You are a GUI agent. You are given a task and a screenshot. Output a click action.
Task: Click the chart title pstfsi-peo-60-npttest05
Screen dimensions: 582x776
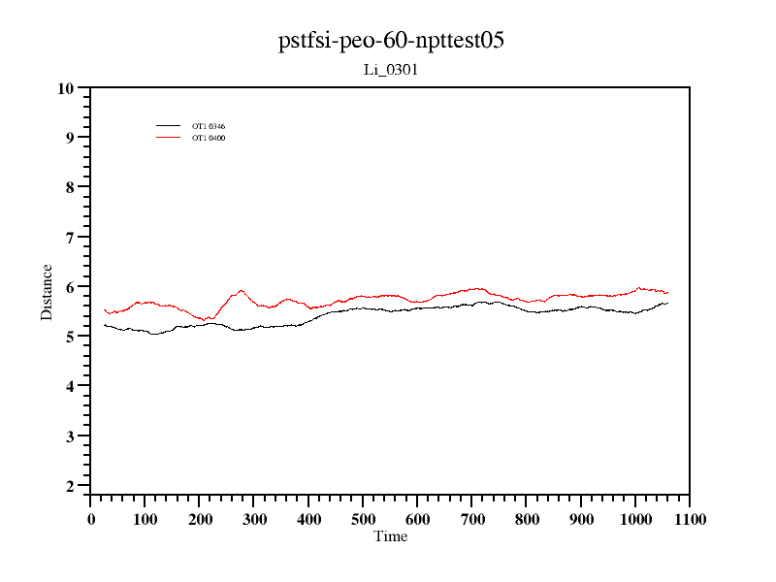[x=391, y=41]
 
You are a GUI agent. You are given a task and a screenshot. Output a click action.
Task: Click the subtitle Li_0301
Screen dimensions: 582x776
[x=390, y=70]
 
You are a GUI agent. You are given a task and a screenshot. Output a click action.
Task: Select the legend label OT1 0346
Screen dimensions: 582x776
[x=209, y=126]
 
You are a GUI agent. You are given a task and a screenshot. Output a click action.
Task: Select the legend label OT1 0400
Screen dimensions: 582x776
[x=209, y=138]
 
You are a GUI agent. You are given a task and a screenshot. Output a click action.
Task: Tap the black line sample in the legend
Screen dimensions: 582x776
[x=169, y=126]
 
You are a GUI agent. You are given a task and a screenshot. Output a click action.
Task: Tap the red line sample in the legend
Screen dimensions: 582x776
[x=169, y=137]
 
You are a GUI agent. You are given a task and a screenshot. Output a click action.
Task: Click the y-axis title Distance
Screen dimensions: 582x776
[x=47, y=292]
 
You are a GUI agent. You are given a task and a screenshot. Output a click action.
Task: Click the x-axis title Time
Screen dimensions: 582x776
[x=391, y=536]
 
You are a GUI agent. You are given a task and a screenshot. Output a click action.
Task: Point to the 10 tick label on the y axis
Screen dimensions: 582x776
[x=65, y=88]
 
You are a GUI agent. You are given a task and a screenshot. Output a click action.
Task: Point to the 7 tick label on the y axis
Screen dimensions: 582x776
[x=69, y=238]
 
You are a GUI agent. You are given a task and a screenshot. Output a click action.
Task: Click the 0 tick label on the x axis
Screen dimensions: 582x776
[x=90, y=520]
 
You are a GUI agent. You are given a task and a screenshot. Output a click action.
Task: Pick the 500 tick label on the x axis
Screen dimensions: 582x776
[x=363, y=520]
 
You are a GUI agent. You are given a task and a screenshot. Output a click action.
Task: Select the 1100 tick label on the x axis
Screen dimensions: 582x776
[x=690, y=520]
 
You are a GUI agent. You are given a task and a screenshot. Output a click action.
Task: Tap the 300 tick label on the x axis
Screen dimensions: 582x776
[x=254, y=520]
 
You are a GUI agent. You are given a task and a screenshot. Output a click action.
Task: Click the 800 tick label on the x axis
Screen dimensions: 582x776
[x=527, y=520]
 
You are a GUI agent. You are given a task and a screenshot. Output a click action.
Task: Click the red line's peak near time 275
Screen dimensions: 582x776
[x=241, y=290]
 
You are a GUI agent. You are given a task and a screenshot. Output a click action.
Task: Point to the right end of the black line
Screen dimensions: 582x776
[x=667, y=304]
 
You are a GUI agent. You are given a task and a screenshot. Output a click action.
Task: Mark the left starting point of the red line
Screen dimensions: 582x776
[x=104, y=309]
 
